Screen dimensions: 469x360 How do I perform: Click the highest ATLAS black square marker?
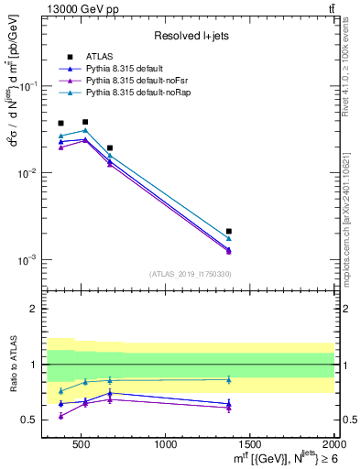pyautogui.click(x=85, y=122)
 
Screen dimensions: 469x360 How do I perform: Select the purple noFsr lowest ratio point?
pyautogui.click(x=61, y=416)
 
